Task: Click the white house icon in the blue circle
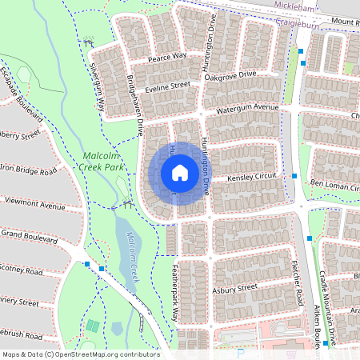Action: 180,173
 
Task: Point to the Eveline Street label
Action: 167,85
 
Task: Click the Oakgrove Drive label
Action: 230,74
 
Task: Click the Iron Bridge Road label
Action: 28,170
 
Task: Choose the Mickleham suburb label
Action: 295,5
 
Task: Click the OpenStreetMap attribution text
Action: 81,354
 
